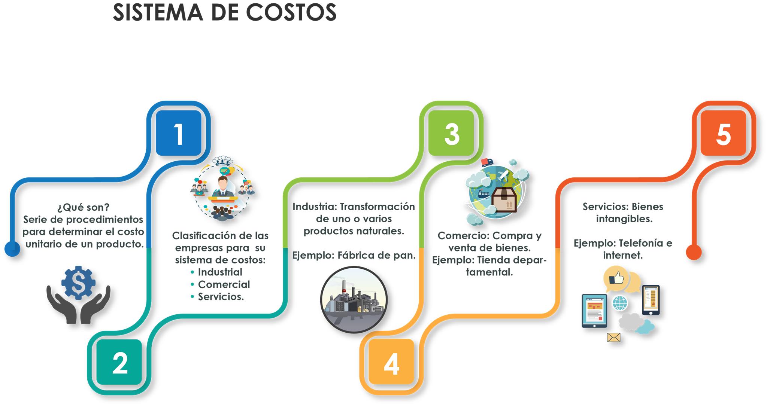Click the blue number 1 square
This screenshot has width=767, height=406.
click(x=179, y=133)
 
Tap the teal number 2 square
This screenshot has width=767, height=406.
click(x=119, y=362)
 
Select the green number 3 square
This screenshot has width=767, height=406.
click(x=451, y=133)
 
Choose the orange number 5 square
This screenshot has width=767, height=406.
click(x=723, y=133)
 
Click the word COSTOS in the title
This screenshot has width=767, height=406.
click(x=291, y=12)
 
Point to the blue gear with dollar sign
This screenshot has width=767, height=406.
click(x=78, y=282)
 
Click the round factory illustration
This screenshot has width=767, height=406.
click(x=354, y=300)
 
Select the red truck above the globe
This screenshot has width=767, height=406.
click(x=486, y=162)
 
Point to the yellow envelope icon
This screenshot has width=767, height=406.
click(x=613, y=338)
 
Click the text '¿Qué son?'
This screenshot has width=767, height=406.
click(x=83, y=207)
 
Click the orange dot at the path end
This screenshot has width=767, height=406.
click(x=693, y=252)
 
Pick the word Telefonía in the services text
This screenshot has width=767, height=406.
click(x=640, y=243)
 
